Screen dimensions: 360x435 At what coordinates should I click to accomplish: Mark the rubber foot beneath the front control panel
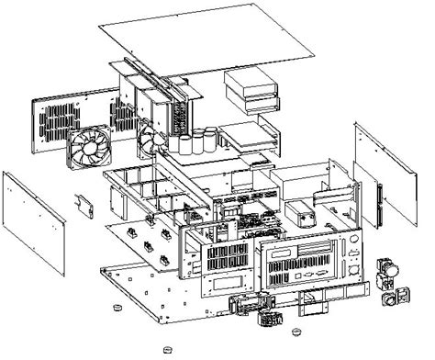click(296, 329)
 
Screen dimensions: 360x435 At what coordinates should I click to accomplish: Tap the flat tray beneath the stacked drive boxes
click(248, 133)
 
